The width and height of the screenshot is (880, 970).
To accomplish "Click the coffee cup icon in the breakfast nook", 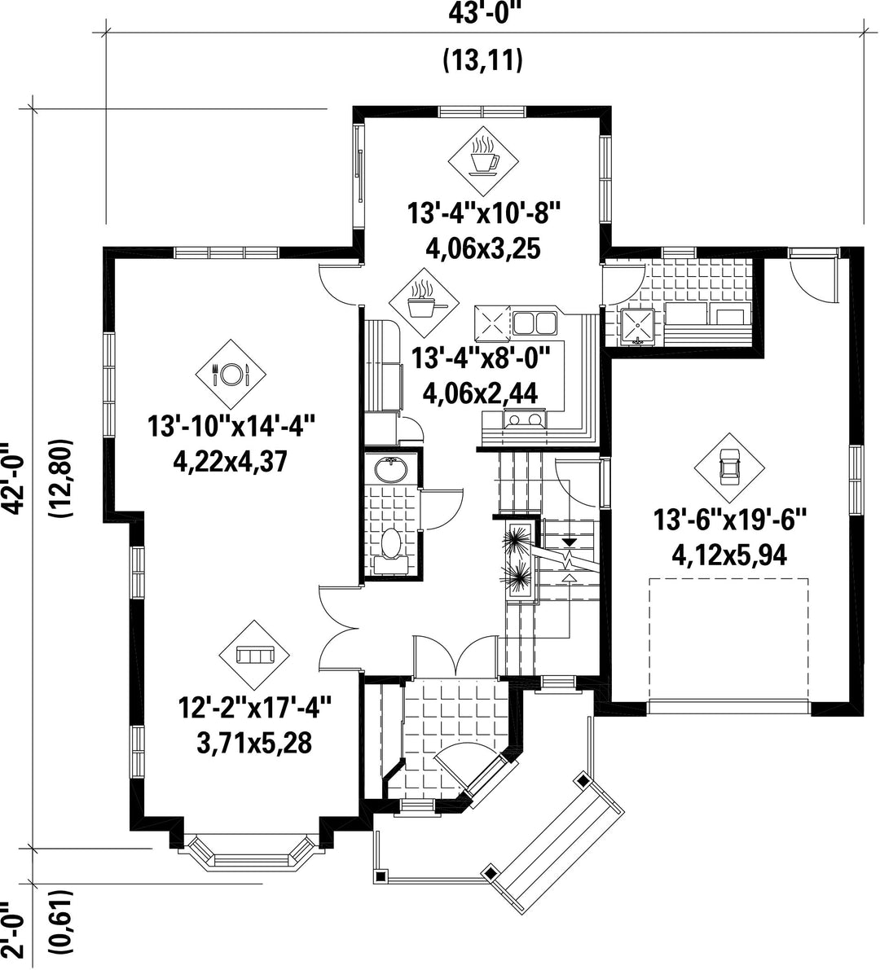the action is pyautogui.click(x=483, y=160).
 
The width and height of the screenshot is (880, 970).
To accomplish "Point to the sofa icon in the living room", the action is pyautogui.click(x=255, y=655).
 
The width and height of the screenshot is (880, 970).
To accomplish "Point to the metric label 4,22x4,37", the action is pyautogui.click(x=231, y=462).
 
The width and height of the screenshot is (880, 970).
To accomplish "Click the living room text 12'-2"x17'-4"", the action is pyautogui.click(x=255, y=707).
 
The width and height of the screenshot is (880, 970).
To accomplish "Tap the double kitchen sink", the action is pyautogui.click(x=535, y=322).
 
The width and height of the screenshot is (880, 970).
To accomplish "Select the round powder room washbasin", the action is pyautogui.click(x=390, y=471).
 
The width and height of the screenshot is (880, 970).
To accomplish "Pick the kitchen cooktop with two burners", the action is pyautogui.click(x=526, y=419).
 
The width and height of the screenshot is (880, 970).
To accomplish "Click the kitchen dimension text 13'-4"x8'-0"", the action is pyautogui.click(x=481, y=358).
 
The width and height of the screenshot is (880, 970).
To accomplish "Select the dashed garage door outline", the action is pyautogui.click(x=729, y=639).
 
